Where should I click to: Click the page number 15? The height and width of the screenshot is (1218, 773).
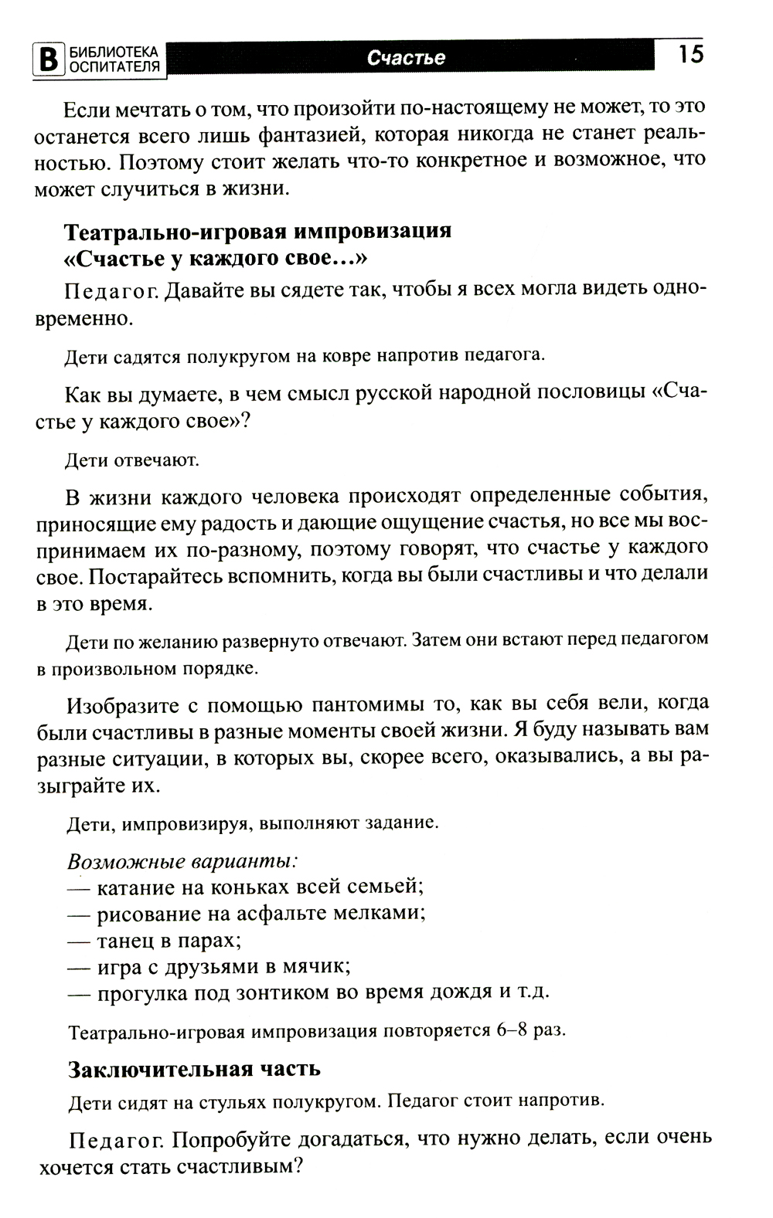691,56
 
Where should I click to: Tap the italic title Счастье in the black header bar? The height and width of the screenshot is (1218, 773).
407,59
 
